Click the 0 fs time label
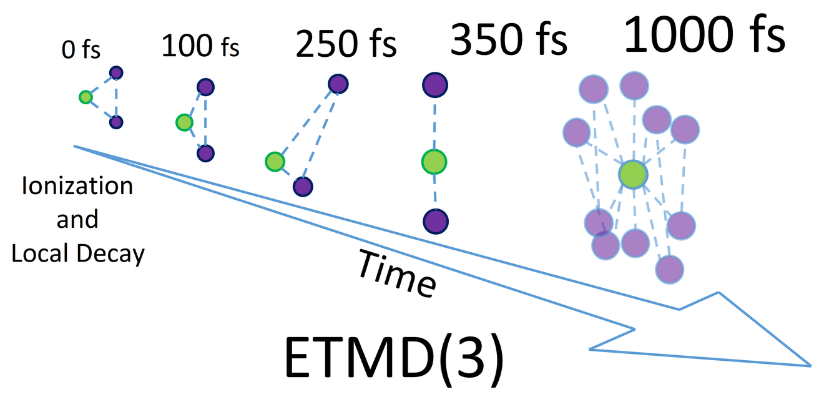[x=81, y=50]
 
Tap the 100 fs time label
[x=200, y=46]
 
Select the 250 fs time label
[x=346, y=44]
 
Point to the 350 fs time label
[x=509, y=39]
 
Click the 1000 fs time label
[x=704, y=34]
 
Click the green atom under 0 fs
[x=86, y=97]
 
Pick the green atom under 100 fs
[x=184, y=122]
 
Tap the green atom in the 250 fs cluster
[x=275, y=162]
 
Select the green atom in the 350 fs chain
[x=434, y=162]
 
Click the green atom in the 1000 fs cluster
[x=633, y=175]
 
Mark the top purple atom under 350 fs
[x=435, y=85]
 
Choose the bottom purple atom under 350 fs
[x=436, y=222]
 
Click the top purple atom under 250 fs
[x=338, y=84]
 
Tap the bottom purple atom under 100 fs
[x=205, y=154]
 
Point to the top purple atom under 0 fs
[x=116, y=73]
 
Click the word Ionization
[x=77, y=186]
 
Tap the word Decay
[x=110, y=254]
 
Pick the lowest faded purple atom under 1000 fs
[x=669, y=270]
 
